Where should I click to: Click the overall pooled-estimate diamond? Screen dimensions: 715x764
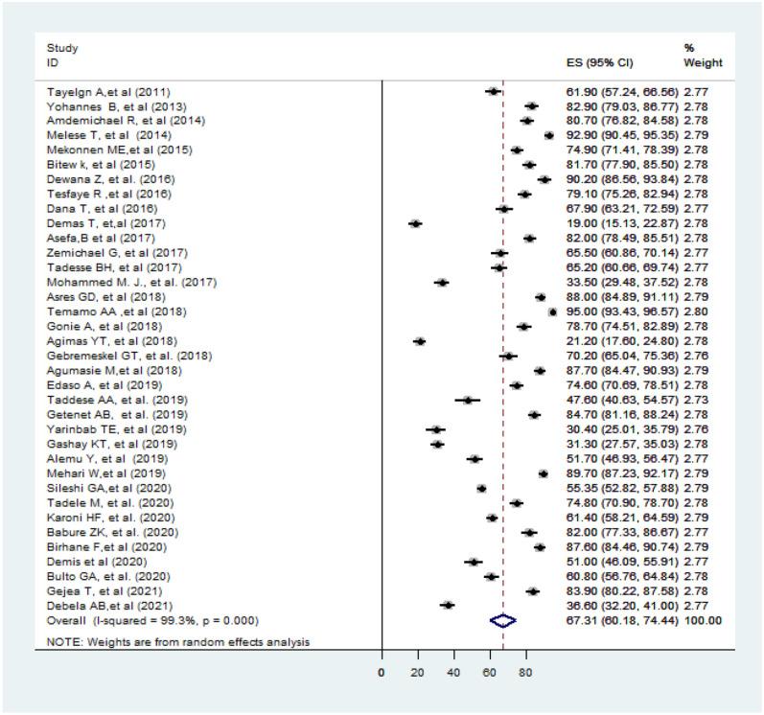tap(503, 620)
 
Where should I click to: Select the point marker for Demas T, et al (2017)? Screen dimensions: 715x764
tap(416, 222)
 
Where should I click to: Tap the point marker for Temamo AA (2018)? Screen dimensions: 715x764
tap(553, 311)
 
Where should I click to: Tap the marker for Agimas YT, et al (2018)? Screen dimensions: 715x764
tap(420, 341)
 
